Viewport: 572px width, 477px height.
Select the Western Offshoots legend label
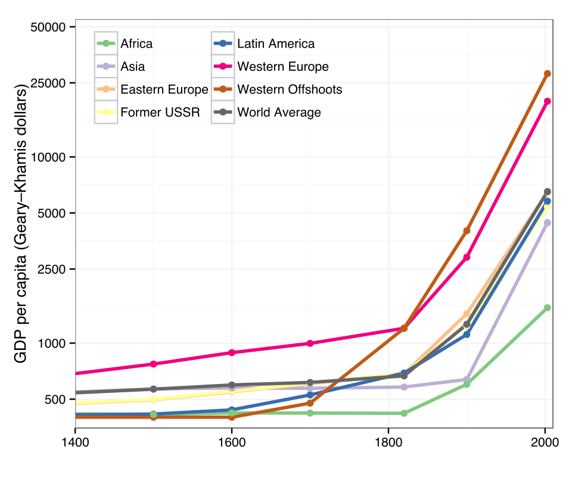click(x=290, y=89)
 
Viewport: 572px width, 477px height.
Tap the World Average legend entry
click(x=279, y=112)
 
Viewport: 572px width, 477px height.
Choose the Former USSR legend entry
click(x=151, y=112)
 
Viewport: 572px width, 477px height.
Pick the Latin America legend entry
click(x=275, y=44)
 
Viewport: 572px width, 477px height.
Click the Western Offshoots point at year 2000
click(x=547, y=73)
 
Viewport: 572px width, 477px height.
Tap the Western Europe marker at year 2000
click(x=547, y=101)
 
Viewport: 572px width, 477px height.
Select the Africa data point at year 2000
click(x=547, y=308)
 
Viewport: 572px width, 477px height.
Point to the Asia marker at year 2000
click(x=547, y=223)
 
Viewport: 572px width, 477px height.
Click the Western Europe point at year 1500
click(x=154, y=364)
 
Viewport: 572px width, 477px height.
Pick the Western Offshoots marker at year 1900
click(x=467, y=231)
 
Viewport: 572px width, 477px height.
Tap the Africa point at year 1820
click(x=404, y=413)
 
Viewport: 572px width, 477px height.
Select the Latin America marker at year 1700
click(x=310, y=395)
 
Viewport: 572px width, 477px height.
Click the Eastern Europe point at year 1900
click(x=467, y=314)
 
